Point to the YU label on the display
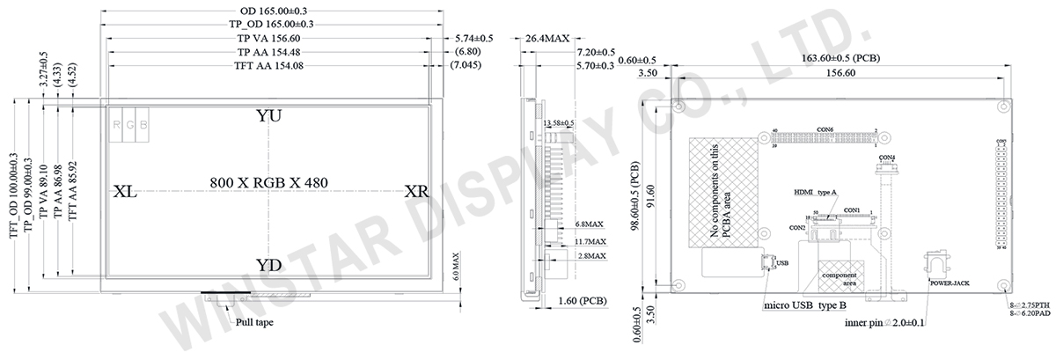tap(268, 116)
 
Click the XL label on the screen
tap(125, 192)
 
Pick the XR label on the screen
tap(416, 192)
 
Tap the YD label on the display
tap(268, 266)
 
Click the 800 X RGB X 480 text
tap(268, 182)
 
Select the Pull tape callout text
tap(254, 323)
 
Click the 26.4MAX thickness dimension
tap(547, 39)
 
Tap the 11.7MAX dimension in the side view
tap(590, 241)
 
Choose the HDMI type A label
tap(815, 191)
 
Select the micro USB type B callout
tap(804, 305)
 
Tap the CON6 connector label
tap(825, 129)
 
